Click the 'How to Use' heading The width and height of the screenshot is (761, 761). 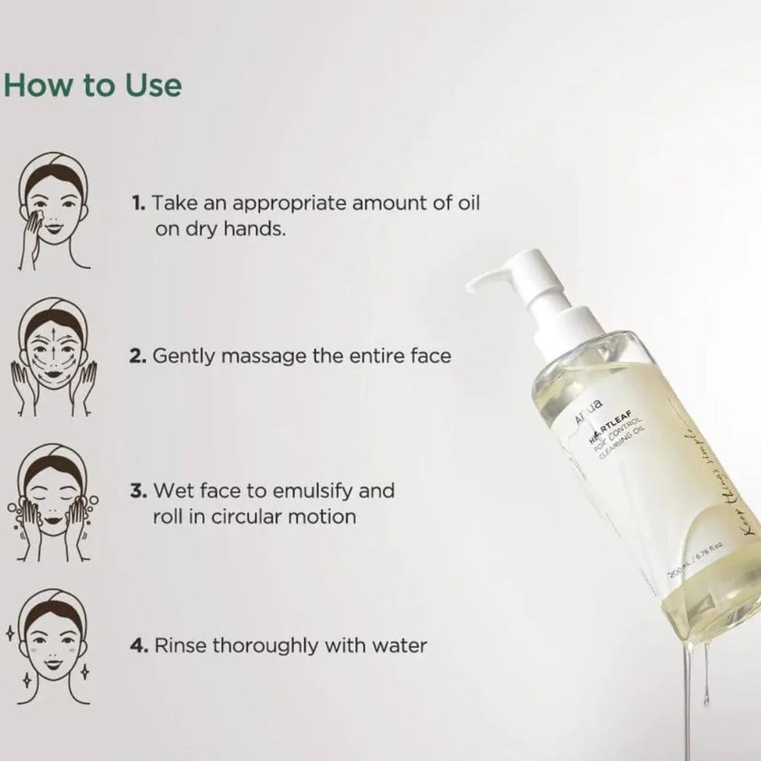click(94, 85)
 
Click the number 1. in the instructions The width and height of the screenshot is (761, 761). click(138, 203)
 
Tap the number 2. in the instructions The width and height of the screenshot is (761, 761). click(138, 357)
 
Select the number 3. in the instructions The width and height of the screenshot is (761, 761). click(138, 490)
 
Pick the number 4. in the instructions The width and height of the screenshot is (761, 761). click(138, 646)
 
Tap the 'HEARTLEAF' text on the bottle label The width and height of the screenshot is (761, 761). click(606, 430)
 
